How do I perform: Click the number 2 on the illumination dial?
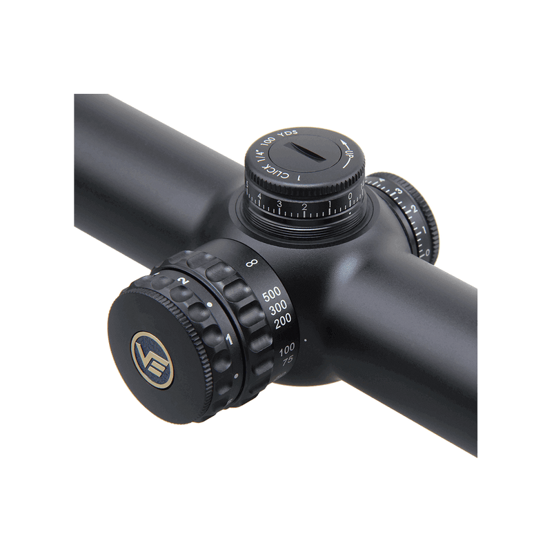pyautogui.click(x=182, y=282)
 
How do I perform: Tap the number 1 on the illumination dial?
pyautogui.click(x=228, y=339)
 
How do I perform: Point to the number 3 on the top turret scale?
pyautogui.click(x=279, y=204)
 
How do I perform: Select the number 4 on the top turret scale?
pyautogui.click(x=259, y=198)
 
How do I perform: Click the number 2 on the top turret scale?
pyautogui.click(x=304, y=206)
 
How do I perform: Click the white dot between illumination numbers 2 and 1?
pyautogui.click(x=209, y=304)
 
